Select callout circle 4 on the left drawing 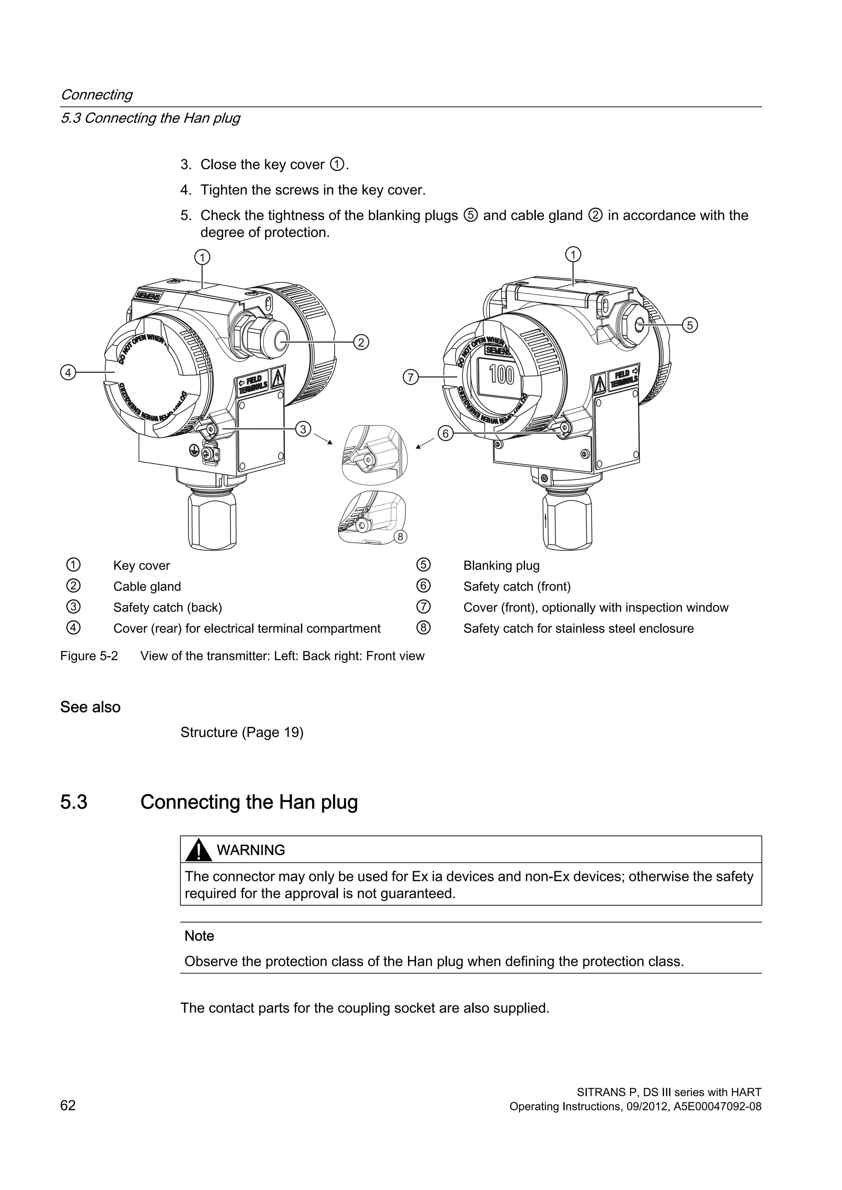67,372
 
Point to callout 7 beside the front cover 410,377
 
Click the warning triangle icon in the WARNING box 199,851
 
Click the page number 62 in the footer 68,1105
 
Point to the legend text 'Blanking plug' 501,565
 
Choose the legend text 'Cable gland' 147,586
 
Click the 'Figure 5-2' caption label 89,656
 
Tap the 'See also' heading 90,707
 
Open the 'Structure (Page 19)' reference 242,732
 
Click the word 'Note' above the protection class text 199,936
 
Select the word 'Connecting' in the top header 97,95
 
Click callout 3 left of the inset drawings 303,429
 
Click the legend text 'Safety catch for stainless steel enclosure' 578,628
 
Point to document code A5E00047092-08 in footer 717,1106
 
